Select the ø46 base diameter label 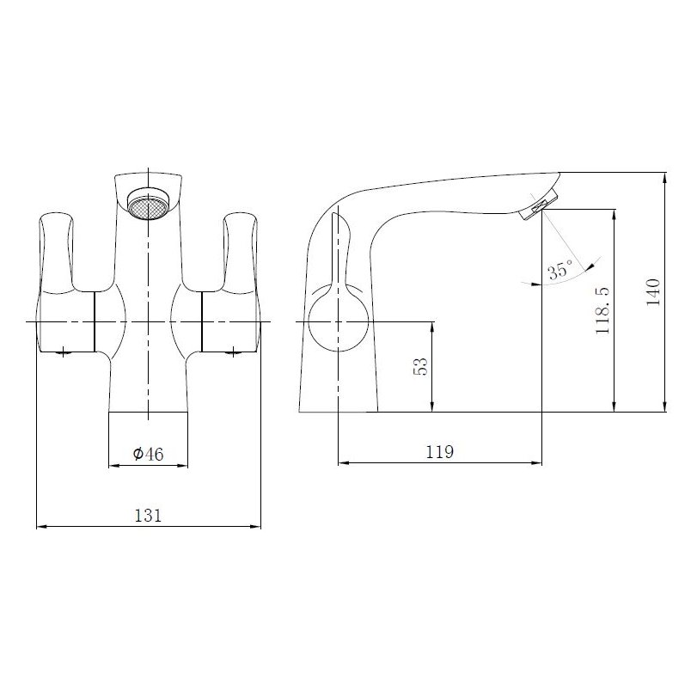click(x=148, y=455)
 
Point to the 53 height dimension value click(x=420, y=366)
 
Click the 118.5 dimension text click(x=603, y=309)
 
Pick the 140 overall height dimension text click(x=654, y=292)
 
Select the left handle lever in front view click(x=54, y=249)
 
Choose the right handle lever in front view click(x=240, y=249)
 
